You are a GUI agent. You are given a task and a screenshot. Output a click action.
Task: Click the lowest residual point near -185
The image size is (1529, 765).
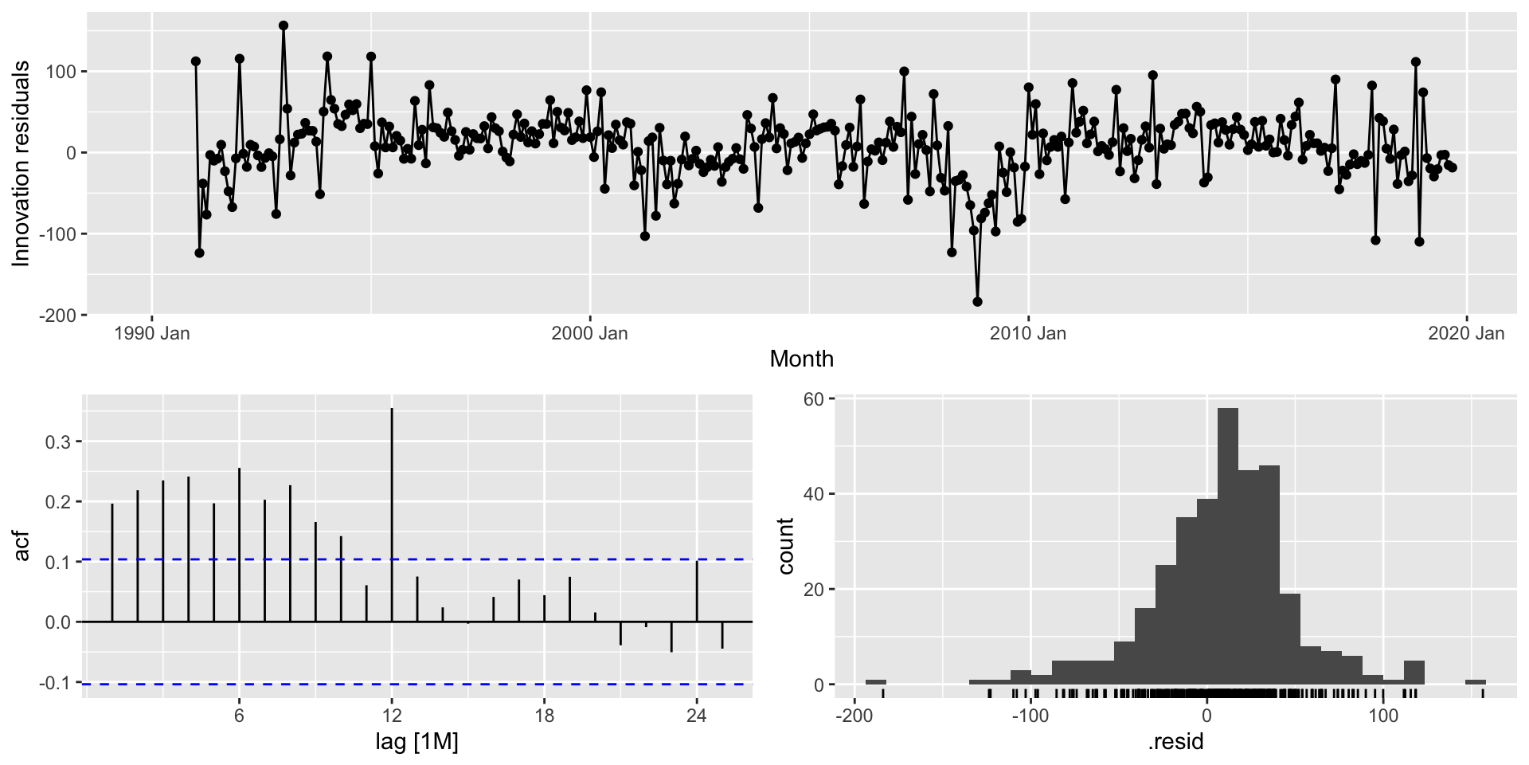click(977, 302)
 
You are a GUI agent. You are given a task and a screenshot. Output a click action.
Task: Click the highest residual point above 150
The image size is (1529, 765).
click(284, 25)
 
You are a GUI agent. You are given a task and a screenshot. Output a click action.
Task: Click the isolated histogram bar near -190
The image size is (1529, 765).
click(876, 682)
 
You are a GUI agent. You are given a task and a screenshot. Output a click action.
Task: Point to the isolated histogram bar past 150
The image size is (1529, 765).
click(1475, 682)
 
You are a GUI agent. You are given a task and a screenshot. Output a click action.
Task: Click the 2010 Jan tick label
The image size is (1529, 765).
click(1027, 334)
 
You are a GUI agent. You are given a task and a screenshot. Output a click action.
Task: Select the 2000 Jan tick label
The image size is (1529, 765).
click(589, 334)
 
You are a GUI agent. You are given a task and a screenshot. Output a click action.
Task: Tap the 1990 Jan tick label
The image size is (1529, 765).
click(152, 334)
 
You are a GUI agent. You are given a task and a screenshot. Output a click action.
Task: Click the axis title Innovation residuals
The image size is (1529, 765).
click(22, 163)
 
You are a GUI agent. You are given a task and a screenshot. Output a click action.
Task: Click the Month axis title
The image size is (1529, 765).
click(801, 359)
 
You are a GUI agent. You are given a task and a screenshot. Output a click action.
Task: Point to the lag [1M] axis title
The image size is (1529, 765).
click(416, 743)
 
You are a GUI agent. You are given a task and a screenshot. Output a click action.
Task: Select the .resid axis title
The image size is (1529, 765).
click(1175, 743)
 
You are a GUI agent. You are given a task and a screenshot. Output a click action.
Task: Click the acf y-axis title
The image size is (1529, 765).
click(22, 547)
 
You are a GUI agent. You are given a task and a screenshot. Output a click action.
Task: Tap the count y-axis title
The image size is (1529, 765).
click(786, 547)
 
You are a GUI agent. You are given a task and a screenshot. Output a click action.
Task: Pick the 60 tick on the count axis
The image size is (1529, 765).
click(813, 398)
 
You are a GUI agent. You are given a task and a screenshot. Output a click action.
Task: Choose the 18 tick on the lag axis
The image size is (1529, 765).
click(544, 716)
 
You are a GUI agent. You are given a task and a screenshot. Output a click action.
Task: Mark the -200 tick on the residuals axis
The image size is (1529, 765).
click(60, 315)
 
